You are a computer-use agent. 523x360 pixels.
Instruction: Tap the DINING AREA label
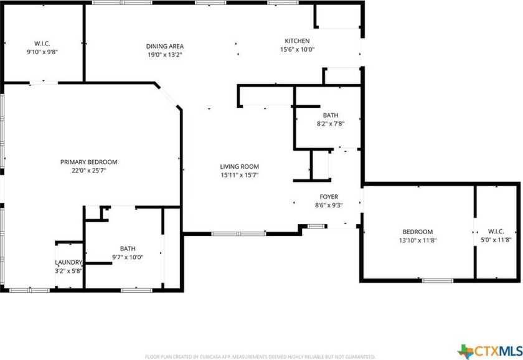[x=164, y=46]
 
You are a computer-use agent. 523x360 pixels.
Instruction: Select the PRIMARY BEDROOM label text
[x=88, y=162]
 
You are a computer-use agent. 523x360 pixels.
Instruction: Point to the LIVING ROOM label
[x=239, y=166]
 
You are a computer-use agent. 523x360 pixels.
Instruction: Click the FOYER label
[x=329, y=196]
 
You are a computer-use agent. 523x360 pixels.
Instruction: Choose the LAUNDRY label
[x=68, y=263]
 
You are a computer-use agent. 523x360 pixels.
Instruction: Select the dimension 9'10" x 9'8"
[x=42, y=52]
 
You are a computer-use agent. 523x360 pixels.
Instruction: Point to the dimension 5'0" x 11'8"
[x=496, y=240]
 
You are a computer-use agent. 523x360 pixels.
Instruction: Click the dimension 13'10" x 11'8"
[x=417, y=240]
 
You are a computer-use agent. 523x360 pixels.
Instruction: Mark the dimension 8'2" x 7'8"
[x=331, y=123]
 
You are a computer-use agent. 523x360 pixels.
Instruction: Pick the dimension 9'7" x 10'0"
[x=128, y=257]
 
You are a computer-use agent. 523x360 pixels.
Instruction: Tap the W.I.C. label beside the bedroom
[x=496, y=232]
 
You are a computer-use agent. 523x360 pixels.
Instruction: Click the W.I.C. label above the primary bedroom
[x=42, y=44]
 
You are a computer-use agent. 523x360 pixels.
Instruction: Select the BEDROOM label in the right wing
[x=417, y=232]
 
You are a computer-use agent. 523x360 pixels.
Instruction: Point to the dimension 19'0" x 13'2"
[x=164, y=54]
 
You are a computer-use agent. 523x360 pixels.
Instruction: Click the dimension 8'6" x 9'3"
[x=329, y=204]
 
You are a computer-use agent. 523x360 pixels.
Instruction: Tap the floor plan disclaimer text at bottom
[x=260, y=357]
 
